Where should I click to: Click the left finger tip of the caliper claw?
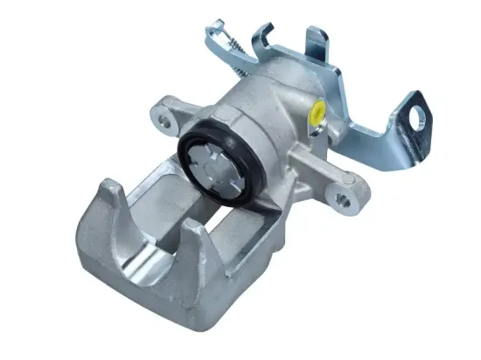(x=108, y=190)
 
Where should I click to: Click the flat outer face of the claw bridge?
(x=114, y=262)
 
